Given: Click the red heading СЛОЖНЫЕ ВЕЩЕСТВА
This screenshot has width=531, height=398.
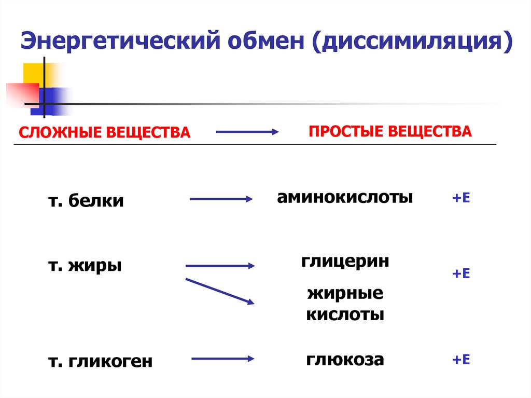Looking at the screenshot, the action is pos(105,132).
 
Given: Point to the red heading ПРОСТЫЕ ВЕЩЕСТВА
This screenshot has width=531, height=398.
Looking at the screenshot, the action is pos(390,131).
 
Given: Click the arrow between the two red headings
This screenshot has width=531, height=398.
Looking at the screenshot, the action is pos(247,132).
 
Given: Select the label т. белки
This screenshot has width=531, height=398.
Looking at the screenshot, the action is pos(86,201).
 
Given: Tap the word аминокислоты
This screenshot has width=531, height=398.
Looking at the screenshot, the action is pos(345,197).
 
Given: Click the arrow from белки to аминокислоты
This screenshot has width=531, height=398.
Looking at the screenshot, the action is pos(221,199).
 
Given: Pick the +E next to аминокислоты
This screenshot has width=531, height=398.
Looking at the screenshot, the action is pos(460,198).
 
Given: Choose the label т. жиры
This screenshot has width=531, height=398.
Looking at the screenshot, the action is pos(85,266).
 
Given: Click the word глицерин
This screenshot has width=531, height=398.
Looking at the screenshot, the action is pos(345,261).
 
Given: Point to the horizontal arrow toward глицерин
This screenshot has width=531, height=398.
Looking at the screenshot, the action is pos(220,266).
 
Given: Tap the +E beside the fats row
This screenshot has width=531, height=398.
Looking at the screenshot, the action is pos(460,273).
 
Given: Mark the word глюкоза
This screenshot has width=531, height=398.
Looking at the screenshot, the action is pos(345,359).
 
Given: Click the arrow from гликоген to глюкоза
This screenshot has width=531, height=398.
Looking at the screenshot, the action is pos(222,359).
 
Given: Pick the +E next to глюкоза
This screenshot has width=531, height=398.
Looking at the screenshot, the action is pos(460,360).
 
